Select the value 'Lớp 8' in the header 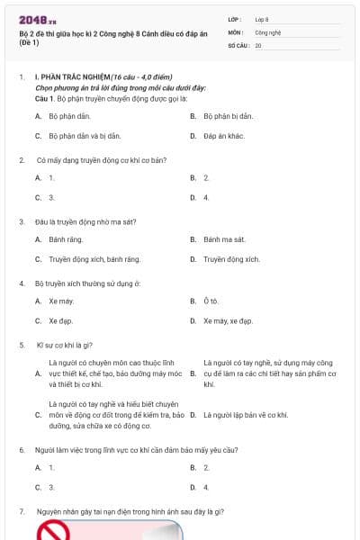262,19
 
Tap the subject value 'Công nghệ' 267,31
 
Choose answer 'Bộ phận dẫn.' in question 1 69,116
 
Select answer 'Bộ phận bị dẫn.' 229,116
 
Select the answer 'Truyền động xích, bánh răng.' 94,259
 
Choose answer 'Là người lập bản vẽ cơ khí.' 246,415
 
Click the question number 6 22,448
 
